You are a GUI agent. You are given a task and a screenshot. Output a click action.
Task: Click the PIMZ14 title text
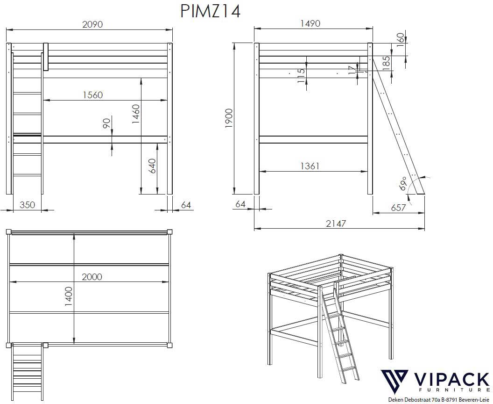pos(210,11)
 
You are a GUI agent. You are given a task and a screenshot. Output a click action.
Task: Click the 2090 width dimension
pos(92,24)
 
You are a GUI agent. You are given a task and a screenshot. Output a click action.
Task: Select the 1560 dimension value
pos(92,95)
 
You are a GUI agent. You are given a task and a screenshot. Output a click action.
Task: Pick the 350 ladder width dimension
pos(28,205)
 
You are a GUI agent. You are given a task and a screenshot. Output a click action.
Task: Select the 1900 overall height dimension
pos(229,119)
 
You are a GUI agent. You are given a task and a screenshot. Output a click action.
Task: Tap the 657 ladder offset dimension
pos(398,208)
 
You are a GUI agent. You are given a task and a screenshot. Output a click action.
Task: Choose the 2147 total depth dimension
pos(336,224)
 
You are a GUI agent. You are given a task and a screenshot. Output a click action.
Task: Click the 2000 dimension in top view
pos(92,276)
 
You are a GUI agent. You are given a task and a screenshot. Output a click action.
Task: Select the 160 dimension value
pos(400,37)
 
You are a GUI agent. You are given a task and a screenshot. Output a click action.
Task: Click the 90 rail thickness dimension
pos(106,124)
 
